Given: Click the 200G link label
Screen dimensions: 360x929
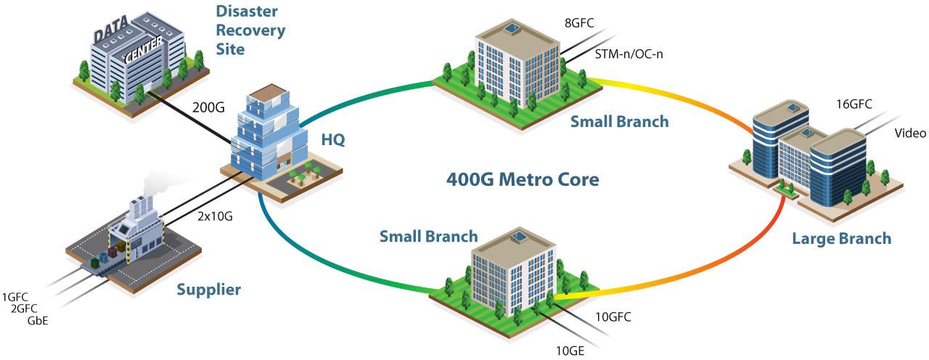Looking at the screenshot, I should [x=208, y=109].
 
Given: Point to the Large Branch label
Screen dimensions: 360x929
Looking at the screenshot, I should [x=841, y=238].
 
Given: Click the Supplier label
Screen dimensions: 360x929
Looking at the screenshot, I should [x=209, y=290].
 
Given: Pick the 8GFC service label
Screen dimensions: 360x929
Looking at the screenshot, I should [x=579, y=23].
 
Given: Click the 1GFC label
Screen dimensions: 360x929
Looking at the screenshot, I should [x=15, y=297].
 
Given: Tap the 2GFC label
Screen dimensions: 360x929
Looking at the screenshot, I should [x=26, y=308].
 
